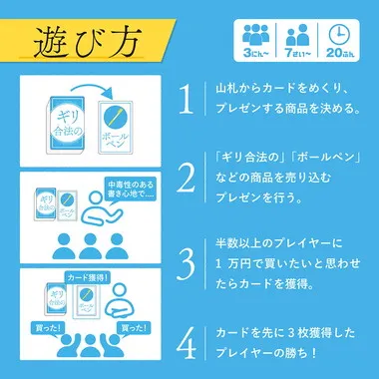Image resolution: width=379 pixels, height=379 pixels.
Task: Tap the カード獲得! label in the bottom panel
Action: click(x=89, y=275)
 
